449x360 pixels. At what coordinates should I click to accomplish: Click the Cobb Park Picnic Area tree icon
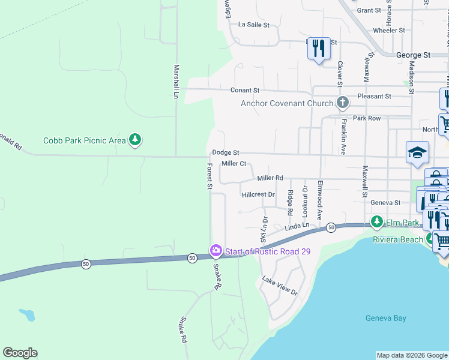(x=135, y=140)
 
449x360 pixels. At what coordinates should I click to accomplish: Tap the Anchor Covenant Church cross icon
(x=342, y=103)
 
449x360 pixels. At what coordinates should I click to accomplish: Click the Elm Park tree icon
(x=376, y=222)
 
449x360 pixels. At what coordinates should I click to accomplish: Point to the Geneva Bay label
(x=386, y=318)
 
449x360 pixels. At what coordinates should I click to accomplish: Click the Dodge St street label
(x=226, y=153)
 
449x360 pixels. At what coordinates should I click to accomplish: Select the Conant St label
(x=245, y=90)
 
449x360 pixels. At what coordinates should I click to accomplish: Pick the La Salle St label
(x=254, y=25)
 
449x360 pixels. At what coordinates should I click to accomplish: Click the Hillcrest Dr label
(x=258, y=194)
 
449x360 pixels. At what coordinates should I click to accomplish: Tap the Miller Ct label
(x=234, y=163)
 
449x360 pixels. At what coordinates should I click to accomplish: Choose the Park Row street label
(x=367, y=118)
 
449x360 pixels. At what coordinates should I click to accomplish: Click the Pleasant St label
(x=374, y=96)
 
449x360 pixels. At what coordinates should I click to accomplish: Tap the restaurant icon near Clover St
(x=319, y=48)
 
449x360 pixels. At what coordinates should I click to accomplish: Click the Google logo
(x=20, y=353)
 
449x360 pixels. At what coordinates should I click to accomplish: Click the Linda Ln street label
(x=297, y=226)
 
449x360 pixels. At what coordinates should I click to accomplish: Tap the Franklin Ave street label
(x=343, y=145)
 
